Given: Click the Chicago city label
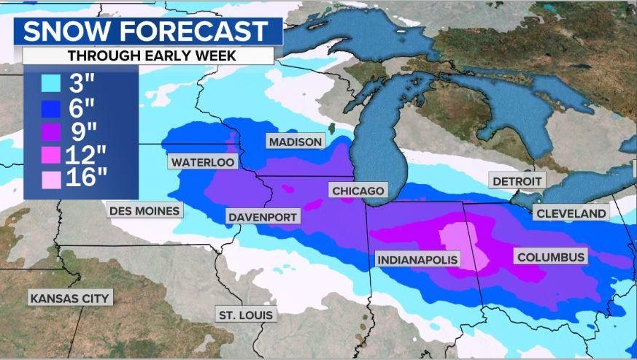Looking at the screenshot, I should pos(358,191).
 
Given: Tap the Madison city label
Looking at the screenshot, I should pos(295,142).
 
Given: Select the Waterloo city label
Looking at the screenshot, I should pos(204,162).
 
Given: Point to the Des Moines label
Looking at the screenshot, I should pos(144,211).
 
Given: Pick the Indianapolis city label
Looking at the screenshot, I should pos(417,259).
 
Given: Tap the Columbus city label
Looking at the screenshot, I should pos(550,256).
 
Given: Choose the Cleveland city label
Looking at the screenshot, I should pos(571,213).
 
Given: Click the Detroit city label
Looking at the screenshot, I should pos(517,180).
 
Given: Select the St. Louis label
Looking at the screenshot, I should pos(246,315).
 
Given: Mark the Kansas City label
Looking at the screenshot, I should pos(69,298).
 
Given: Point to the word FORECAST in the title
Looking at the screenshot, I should pos(195,32).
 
